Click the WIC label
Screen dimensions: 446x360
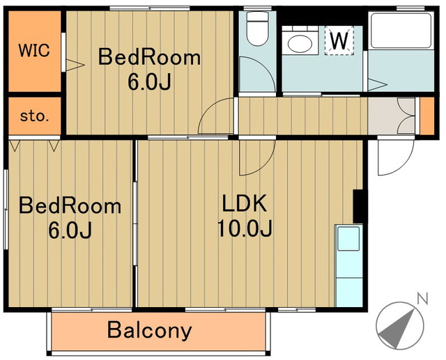click(x=34, y=50)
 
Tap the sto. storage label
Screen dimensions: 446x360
click(x=34, y=116)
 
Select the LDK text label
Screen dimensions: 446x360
click(x=245, y=203)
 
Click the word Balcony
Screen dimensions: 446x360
click(x=150, y=331)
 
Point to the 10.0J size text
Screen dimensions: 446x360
click(x=245, y=228)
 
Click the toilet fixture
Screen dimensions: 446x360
click(x=257, y=28)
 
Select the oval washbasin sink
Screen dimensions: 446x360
click(x=300, y=44)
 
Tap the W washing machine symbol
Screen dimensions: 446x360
click(x=339, y=40)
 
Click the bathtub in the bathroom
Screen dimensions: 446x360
click(x=401, y=30)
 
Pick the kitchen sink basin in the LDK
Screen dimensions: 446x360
click(x=348, y=239)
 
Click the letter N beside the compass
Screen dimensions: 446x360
click(x=422, y=298)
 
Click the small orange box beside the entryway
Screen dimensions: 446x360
click(x=427, y=116)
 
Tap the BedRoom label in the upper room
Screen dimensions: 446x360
click(x=149, y=57)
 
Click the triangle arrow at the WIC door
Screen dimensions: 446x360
click(x=75, y=65)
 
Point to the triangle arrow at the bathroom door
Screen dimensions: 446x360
click(x=378, y=85)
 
